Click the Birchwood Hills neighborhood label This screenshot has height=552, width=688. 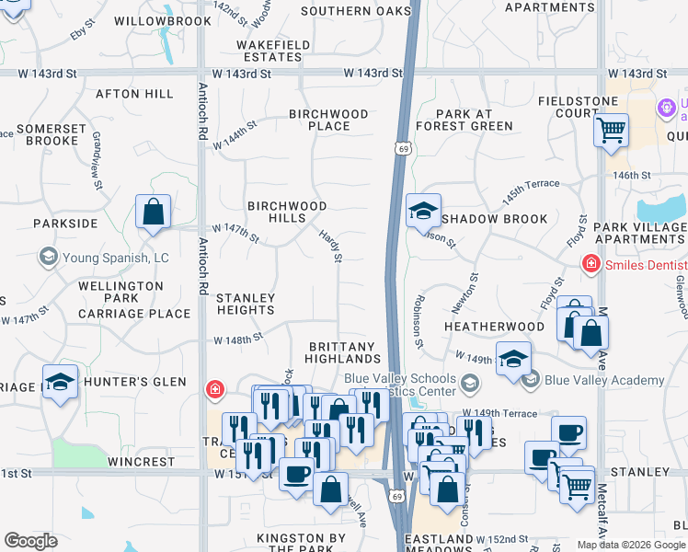(x=276, y=212)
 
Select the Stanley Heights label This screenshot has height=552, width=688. (x=245, y=304)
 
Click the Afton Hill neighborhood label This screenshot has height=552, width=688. (x=134, y=94)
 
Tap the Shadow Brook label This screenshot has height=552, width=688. (x=494, y=219)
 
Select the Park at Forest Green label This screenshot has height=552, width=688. (x=464, y=120)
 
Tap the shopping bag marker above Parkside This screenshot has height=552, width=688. (x=153, y=211)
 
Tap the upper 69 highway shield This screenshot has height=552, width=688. (x=403, y=146)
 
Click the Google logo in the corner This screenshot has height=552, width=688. (x=31, y=541)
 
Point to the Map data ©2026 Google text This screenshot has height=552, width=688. (x=631, y=545)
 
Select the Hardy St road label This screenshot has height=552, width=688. (x=330, y=246)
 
